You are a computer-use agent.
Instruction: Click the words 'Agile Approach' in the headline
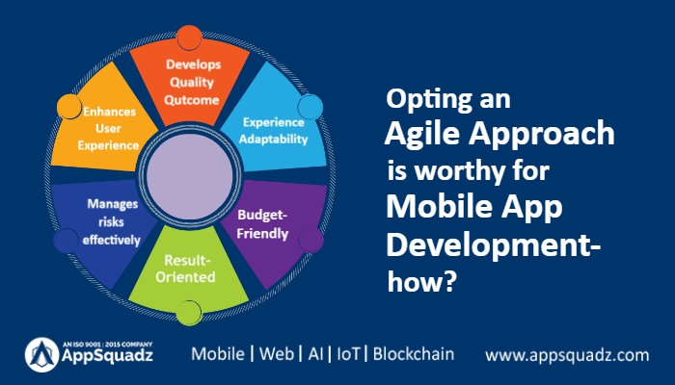tap(499, 133)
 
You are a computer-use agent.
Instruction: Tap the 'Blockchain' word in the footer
tap(414, 353)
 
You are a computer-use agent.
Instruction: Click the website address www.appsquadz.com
tap(567, 355)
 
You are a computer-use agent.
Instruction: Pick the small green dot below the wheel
tap(189, 311)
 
